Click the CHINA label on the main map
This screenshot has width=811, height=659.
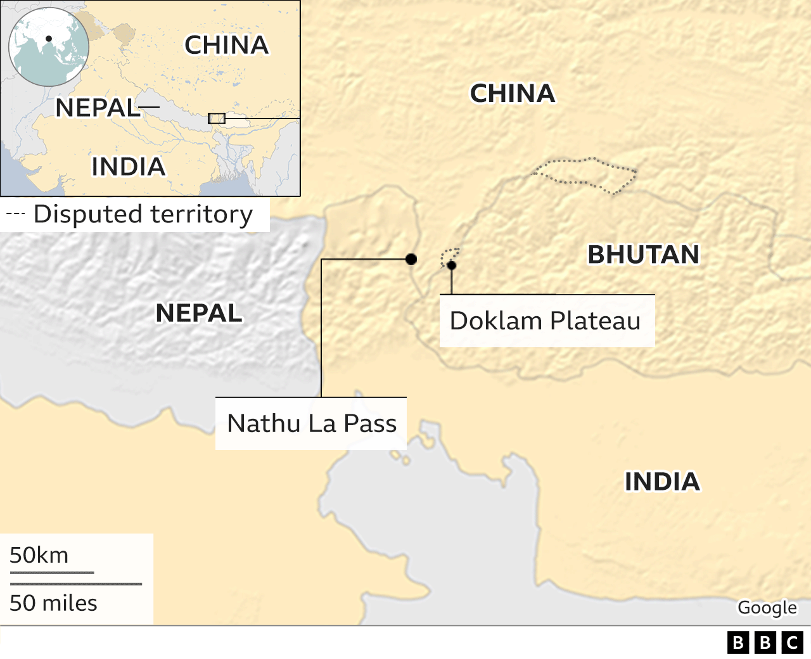tap(512, 94)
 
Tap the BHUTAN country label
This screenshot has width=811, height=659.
tap(643, 255)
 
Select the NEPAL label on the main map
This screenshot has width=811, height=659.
tap(199, 313)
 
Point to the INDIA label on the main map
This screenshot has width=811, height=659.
tap(662, 482)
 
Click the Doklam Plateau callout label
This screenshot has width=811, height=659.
tap(546, 321)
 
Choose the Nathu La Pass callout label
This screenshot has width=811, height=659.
tap(312, 423)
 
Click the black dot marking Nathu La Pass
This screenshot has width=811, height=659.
tap(411, 259)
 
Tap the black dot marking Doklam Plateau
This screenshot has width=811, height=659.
tap(451, 266)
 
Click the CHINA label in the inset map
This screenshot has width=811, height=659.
tap(226, 45)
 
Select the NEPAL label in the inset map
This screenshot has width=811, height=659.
tap(96, 108)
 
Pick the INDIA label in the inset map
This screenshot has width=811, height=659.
tap(128, 167)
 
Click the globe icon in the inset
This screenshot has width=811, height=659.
tap(49, 47)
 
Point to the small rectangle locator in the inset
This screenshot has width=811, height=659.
tap(217, 118)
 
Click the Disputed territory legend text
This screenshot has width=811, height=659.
tap(143, 214)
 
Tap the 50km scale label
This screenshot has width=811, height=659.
tap(39, 555)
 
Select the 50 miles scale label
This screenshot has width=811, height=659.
tap(53, 603)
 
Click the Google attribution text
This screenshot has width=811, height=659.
tap(767, 607)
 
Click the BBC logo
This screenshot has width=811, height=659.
tap(765, 643)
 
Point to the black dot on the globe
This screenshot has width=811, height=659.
tap(49, 39)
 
